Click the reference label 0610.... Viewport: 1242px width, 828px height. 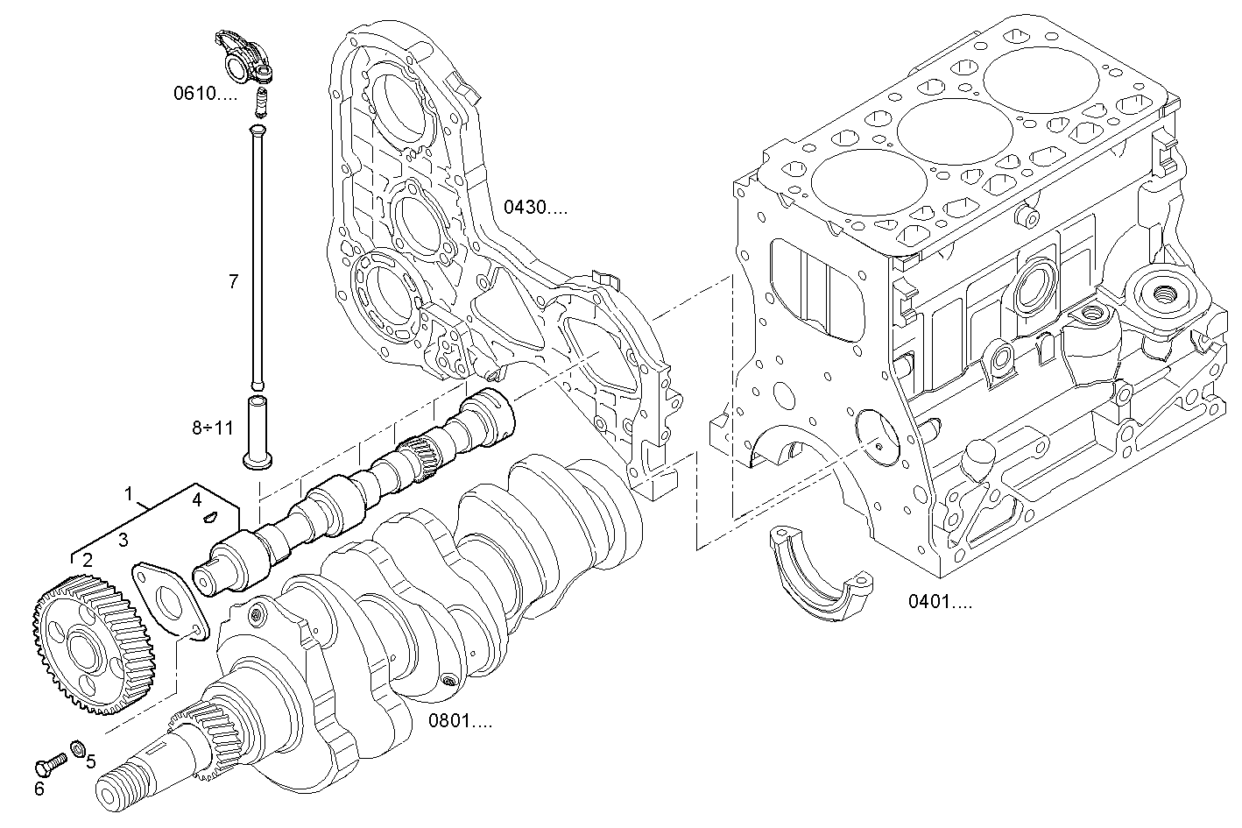click(x=204, y=94)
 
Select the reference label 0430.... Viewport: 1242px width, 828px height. click(x=535, y=208)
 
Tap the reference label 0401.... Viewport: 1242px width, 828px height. click(x=939, y=602)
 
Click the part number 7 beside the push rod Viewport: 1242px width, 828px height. click(x=233, y=281)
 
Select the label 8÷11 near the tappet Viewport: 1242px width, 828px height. click(x=213, y=428)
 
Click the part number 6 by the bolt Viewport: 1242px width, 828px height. click(x=39, y=789)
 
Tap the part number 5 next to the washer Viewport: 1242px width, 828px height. click(x=90, y=761)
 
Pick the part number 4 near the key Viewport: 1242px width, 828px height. click(x=197, y=499)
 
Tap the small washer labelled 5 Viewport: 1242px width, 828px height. click(x=78, y=747)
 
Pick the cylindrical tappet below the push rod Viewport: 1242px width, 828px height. click(x=259, y=432)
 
